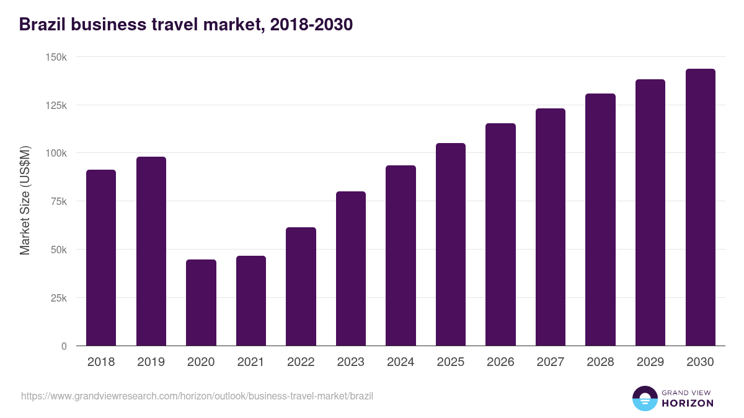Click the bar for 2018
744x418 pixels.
point(101,258)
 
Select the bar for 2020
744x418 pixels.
point(201,303)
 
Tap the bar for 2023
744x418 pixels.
point(351,269)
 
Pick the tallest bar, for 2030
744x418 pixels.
point(700,207)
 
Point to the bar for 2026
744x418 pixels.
point(500,235)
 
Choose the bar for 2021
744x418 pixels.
point(251,301)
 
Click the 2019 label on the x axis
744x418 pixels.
point(151,362)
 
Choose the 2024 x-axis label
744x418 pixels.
point(401,362)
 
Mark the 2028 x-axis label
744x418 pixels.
point(600,362)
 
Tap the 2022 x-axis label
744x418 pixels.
point(301,362)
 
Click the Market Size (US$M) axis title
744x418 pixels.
point(25,201)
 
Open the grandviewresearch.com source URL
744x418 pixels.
point(197,396)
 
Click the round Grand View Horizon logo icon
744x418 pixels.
point(644,398)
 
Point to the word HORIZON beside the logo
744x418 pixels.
point(688,403)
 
